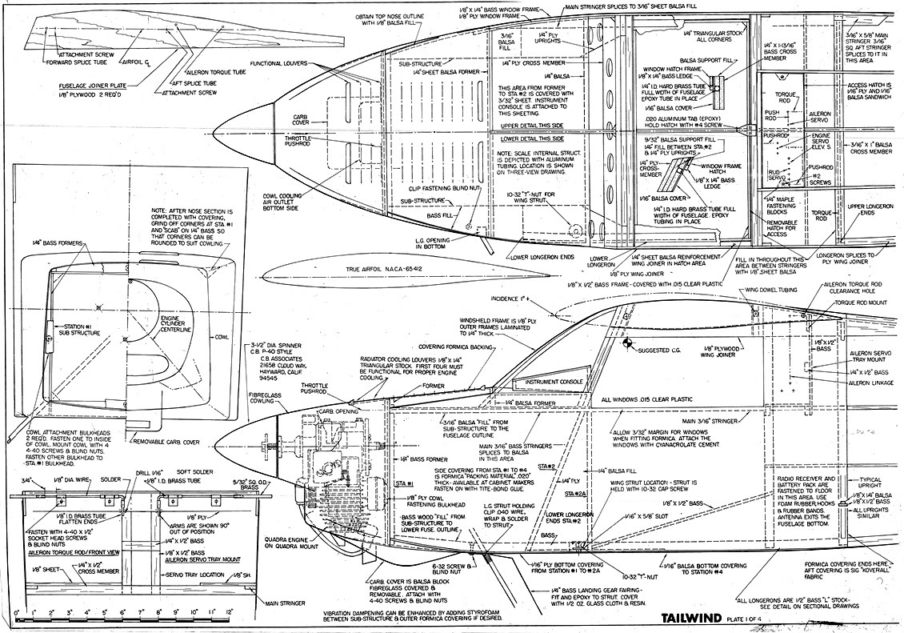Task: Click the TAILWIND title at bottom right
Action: click(x=690, y=616)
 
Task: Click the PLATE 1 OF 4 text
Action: click(x=747, y=617)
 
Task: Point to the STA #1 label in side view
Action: click(x=404, y=484)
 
